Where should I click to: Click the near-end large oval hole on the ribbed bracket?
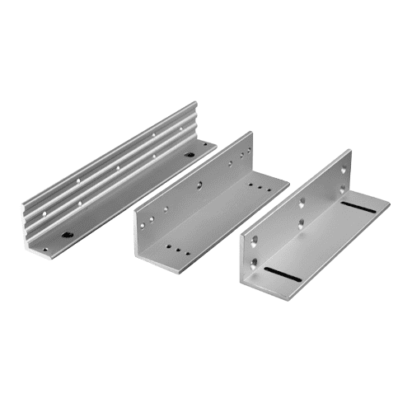[x=67, y=234]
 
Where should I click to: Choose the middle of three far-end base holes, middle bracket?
[x=261, y=189]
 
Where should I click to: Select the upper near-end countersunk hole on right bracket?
[x=254, y=240]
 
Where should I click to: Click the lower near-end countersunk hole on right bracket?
[x=255, y=263]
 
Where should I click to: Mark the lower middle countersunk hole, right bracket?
[x=302, y=222]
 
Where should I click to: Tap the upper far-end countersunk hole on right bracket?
[x=344, y=170]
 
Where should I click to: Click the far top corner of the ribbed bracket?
[x=196, y=102]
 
